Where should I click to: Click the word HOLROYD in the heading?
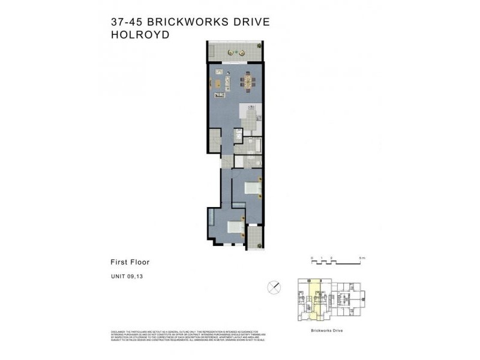(x=136, y=35)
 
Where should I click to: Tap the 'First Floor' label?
(x=130, y=262)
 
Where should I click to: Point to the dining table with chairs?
(x=246, y=82)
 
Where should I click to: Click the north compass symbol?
(x=274, y=287)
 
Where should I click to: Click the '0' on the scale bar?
(x=312, y=259)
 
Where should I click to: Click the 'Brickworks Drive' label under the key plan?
(x=328, y=331)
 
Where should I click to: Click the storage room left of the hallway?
(x=215, y=142)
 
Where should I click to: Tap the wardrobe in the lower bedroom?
(x=212, y=222)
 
